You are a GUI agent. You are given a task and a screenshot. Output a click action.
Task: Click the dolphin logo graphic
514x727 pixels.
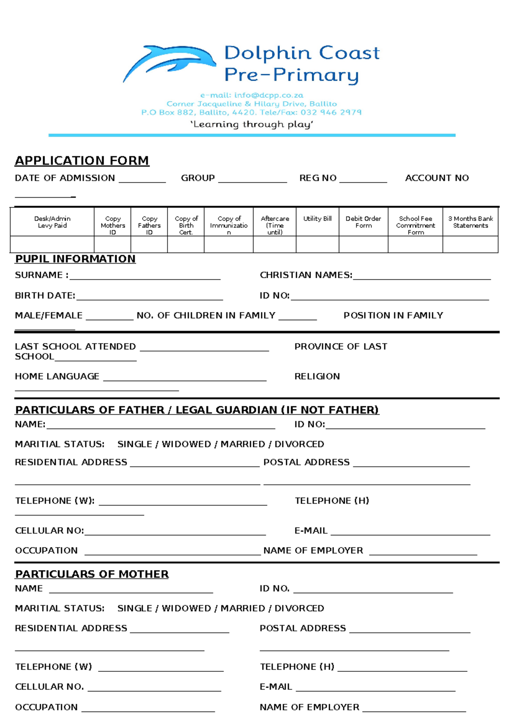coord(169,62)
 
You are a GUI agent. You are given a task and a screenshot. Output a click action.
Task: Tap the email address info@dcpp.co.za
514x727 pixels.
coord(251,95)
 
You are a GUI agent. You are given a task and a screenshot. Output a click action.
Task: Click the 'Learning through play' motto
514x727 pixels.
coord(251,124)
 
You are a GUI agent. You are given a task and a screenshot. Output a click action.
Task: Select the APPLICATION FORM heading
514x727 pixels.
coord(82,161)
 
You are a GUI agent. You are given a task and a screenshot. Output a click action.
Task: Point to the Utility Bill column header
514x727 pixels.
coord(317,219)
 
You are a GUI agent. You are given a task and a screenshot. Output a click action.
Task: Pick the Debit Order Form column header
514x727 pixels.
coord(363,222)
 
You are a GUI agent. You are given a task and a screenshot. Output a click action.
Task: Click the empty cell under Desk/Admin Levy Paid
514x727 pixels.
coord(52,244)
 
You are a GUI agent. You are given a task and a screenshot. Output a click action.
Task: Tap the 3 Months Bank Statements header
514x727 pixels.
coord(470,222)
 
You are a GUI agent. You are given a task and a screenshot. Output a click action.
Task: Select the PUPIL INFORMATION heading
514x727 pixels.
coord(75,259)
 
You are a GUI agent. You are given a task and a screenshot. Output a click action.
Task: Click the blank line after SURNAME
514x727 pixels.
coord(145,277)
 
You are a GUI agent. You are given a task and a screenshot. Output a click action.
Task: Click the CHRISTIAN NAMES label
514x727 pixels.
coord(306,275)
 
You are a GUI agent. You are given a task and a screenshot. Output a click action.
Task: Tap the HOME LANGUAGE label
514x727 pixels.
coord(57,376)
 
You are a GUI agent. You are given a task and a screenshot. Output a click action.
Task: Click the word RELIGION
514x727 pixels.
coord(317,376)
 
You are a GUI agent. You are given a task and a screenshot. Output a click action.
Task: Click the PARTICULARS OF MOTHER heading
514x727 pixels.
coord(92,574)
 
